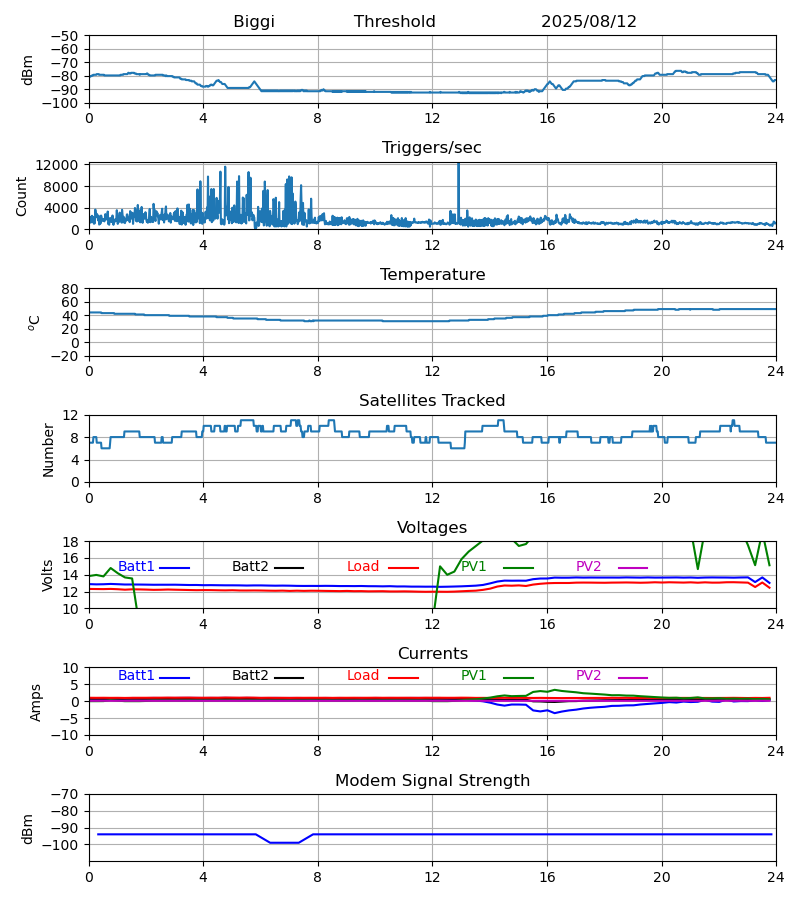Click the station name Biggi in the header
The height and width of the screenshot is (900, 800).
point(254,22)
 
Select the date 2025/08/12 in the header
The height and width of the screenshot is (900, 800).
point(589,22)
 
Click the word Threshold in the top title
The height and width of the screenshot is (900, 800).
point(395,22)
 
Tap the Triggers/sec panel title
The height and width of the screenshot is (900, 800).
point(432,148)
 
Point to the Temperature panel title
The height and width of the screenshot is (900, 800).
point(432,275)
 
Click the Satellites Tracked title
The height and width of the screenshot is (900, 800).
point(432,401)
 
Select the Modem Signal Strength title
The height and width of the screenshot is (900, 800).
point(432,781)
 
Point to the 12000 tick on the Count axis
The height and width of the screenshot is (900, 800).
point(63,165)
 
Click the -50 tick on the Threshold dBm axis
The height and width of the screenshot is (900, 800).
point(66,36)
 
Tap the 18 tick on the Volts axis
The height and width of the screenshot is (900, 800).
point(71,542)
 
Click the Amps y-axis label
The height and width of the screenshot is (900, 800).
point(36,702)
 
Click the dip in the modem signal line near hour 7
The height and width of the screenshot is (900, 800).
point(284,843)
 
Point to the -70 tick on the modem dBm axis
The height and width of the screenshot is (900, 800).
point(66,794)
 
